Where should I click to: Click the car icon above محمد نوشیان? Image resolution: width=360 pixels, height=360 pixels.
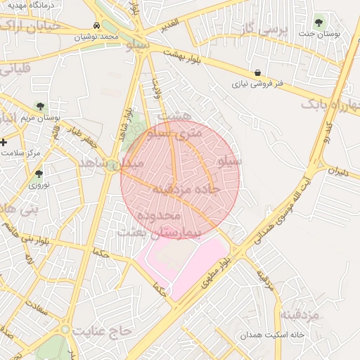(96, 25)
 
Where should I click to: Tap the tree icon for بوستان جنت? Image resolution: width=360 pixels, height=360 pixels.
(321, 21)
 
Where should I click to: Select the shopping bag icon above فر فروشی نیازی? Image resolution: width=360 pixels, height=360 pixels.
(258, 72)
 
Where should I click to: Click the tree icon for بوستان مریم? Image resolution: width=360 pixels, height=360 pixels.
(39, 107)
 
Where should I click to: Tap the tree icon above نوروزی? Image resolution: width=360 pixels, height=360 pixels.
(39, 174)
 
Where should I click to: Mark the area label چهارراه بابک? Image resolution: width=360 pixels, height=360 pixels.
(330, 104)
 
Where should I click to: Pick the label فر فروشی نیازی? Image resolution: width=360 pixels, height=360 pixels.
(259, 84)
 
